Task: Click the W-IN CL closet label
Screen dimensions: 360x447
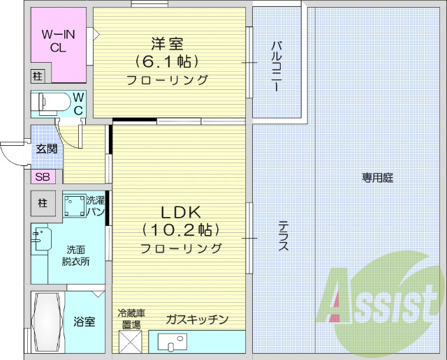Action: coord(59,40)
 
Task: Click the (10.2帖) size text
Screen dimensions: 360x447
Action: coord(181,230)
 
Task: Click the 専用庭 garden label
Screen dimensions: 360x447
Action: coord(377,177)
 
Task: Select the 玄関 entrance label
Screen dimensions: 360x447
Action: coord(47,148)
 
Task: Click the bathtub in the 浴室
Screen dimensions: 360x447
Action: coord(47,322)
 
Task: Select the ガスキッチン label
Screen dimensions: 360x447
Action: coord(197,320)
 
